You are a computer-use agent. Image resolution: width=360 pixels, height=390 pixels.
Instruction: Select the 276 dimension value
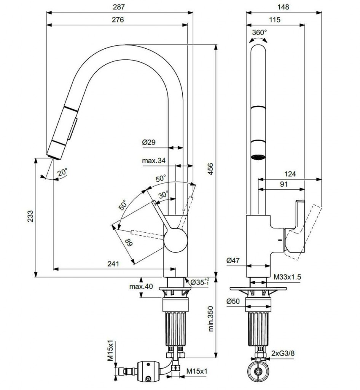click(118, 20)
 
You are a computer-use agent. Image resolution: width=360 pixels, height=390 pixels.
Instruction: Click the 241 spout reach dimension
click(113, 264)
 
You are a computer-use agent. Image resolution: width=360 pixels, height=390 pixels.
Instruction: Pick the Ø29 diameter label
click(150, 142)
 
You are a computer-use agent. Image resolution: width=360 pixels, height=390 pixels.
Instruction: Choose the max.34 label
click(154, 161)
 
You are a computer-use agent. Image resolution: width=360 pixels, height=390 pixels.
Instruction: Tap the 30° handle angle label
click(163, 195)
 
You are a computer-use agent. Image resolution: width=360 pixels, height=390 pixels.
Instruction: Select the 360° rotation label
click(260, 32)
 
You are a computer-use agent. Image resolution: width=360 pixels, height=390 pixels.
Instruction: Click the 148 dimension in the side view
click(284, 7)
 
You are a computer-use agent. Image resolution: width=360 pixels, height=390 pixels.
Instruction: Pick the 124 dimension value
click(290, 174)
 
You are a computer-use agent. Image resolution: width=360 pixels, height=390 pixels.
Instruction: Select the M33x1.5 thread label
click(287, 278)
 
